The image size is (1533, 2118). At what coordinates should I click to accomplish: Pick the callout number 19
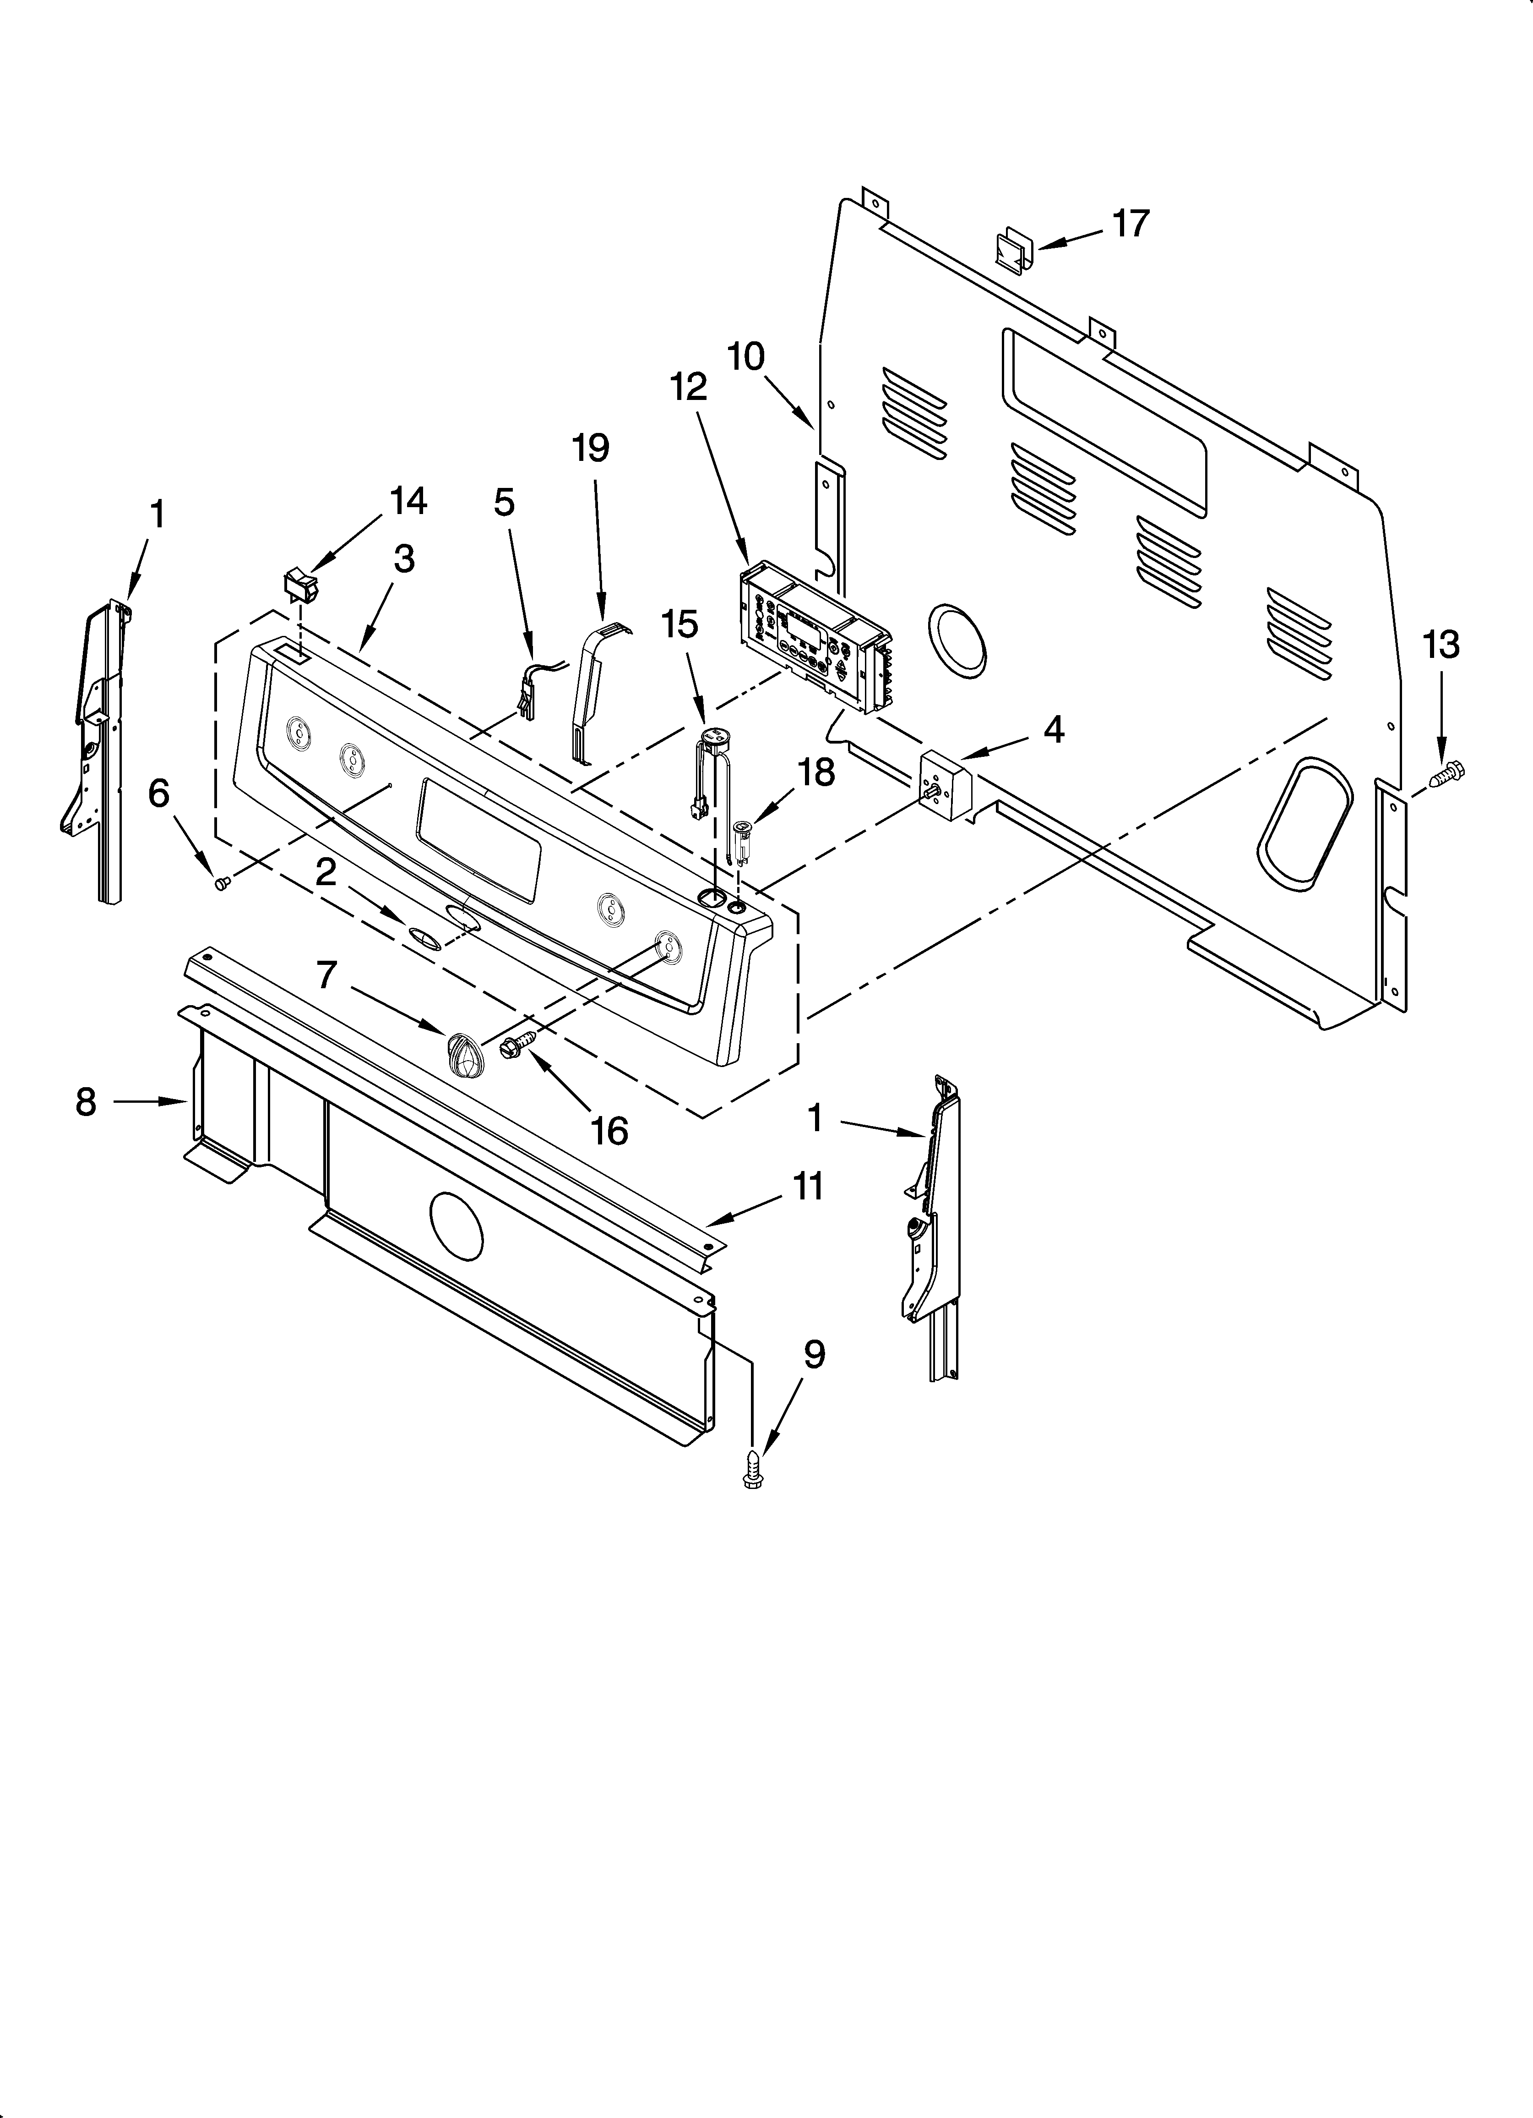pyautogui.click(x=591, y=448)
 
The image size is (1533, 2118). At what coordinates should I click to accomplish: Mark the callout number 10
pyautogui.click(x=746, y=357)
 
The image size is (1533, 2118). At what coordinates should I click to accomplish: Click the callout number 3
pyautogui.click(x=403, y=558)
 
